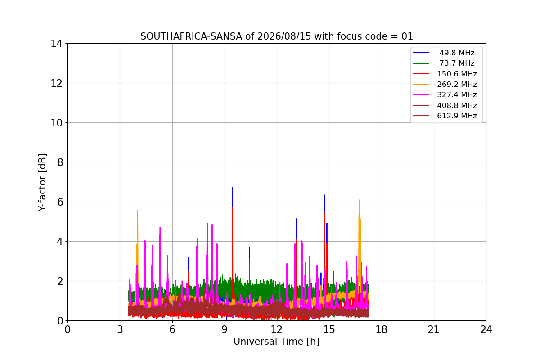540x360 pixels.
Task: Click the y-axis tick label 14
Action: click(x=56, y=44)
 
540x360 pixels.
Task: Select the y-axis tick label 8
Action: click(x=60, y=162)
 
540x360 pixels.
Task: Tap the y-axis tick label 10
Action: click(x=56, y=123)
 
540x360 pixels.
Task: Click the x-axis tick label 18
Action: click(x=382, y=329)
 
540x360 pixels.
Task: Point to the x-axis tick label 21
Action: click(x=434, y=329)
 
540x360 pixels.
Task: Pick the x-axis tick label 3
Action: click(x=120, y=329)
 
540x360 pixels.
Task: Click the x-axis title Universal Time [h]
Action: click(x=276, y=342)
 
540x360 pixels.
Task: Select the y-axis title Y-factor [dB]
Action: click(x=42, y=183)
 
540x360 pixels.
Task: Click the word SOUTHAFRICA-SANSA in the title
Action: click(x=191, y=36)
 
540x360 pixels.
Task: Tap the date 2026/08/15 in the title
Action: click(x=284, y=36)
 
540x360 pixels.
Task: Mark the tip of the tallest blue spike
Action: click(x=232, y=187)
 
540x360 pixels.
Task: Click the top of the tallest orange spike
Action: click(x=360, y=200)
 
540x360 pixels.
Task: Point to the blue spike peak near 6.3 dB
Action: click(x=324, y=195)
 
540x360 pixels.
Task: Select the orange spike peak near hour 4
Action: click(x=137, y=211)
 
